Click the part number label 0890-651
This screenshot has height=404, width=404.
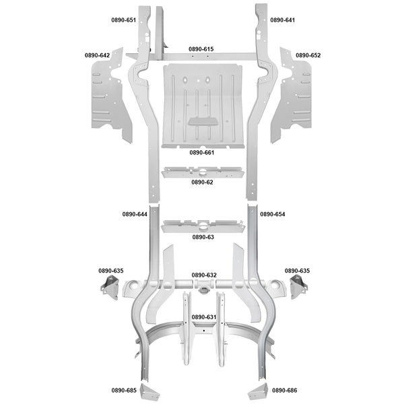tap(123, 20)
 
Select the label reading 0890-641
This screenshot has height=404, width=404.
tap(282, 20)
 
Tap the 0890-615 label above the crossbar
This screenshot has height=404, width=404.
tap(201, 49)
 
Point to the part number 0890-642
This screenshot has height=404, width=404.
tap(97, 55)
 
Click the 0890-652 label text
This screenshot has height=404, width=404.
tap(308, 55)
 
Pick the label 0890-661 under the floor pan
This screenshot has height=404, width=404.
tap(202, 153)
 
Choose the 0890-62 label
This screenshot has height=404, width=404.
tap(202, 182)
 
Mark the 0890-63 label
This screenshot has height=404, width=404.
tap(203, 237)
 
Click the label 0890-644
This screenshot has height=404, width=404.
tap(135, 214)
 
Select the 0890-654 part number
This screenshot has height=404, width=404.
tap(273, 214)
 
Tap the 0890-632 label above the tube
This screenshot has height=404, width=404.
tap(204, 275)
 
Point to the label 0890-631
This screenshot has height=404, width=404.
tap(204, 317)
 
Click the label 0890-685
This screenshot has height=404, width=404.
tap(124, 391)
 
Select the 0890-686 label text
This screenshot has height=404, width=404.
tap(285, 391)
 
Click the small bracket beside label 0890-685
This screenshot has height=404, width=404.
tap(149, 392)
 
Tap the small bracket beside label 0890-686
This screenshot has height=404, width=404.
tap(259, 392)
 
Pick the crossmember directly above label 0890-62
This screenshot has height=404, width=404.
tap(203, 172)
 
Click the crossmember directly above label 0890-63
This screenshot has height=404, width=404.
tap(203, 226)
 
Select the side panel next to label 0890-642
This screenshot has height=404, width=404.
tap(111, 96)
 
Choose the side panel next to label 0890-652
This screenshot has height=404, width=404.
tap(291, 96)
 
